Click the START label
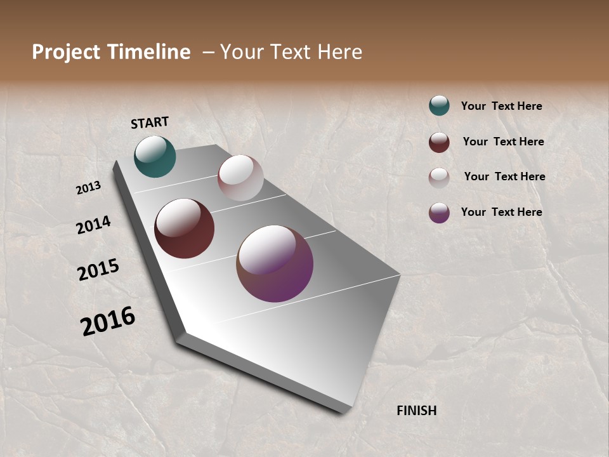point(150,123)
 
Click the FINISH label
point(417,411)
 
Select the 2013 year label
point(89,188)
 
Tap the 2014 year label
point(94,225)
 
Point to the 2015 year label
point(98,269)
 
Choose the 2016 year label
point(108,321)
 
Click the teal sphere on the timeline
point(155,156)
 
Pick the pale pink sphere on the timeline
point(240,178)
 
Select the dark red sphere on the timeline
point(185,228)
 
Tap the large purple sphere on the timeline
point(275,263)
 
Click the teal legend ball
point(439,105)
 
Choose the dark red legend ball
point(439,142)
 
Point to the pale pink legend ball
point(439,178)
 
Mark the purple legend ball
point(439,213)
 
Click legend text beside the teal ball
point(501,106)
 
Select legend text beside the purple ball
point(501,212)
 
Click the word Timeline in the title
point(149,52)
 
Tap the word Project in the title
point(65,52)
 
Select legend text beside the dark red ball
point(503,142)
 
